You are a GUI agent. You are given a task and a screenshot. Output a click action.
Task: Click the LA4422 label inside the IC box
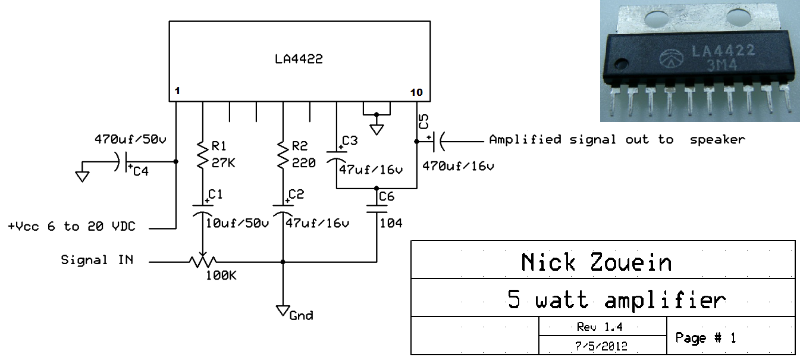point(299,60)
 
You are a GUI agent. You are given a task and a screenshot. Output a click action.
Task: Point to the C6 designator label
point(386,197)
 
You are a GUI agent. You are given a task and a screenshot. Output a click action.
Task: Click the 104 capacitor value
point(391,223)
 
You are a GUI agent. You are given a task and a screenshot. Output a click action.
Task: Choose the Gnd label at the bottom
point(301,315)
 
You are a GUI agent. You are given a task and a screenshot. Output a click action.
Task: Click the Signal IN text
point(97,261)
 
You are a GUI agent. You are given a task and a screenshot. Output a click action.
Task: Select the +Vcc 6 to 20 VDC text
point(71,227)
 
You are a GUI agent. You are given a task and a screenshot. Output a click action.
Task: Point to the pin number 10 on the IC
point(416,92)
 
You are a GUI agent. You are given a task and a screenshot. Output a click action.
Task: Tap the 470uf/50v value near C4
point(130,140)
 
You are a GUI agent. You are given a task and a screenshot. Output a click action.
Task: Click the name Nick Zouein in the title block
point(596,262)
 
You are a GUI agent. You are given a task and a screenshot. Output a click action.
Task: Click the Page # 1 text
point(705,338)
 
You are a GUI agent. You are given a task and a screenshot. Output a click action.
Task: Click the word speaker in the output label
point(717,140)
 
